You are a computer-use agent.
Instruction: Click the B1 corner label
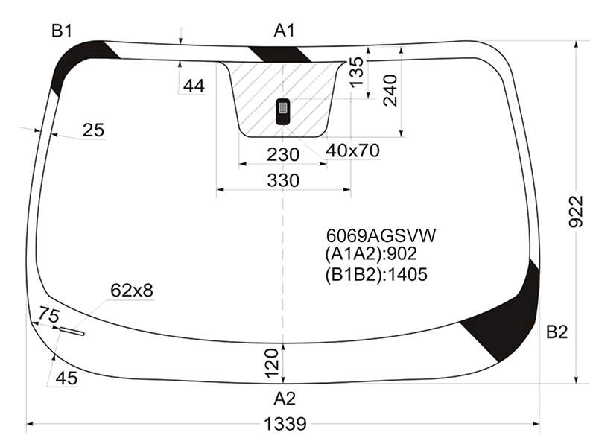(x=62, y=31)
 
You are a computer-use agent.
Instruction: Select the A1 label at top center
(x=285, y=31)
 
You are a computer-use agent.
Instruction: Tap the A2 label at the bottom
(x=285, y=399)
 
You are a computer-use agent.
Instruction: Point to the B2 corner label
(x=557, y=332)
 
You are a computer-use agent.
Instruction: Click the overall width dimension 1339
(x=285, y=423)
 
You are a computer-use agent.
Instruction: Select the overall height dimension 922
(x=576, y=212)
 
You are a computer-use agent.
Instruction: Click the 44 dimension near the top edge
(x=194, y=86)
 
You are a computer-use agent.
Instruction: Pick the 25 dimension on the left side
(x=93, y=130)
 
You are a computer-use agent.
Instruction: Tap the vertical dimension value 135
(x=357, y=72)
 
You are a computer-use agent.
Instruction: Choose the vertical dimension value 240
(x=390, y=90)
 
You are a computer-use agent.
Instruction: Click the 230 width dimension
(x=283, y=155)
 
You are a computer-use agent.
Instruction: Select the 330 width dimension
(x=283, y=180)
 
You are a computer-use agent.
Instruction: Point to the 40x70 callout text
(x=352, y=151)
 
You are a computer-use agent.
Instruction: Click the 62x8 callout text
(x=132, y=291)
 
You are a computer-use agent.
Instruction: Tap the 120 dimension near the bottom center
(x=272, y=363)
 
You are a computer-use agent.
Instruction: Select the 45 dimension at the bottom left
(x=66, y=378)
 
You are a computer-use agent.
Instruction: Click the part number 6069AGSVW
(x=381, y=235)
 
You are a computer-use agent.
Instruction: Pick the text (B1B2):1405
(x=376, y=274)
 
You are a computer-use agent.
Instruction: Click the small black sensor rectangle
(x=282, y=111)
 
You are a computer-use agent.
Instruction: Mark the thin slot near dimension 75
(x=72, y=332)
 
